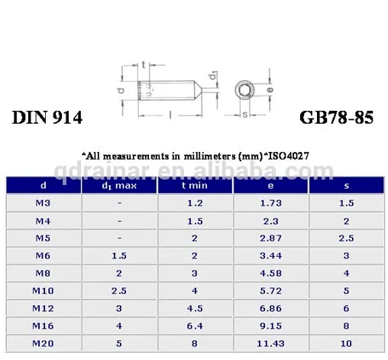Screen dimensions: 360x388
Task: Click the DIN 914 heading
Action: click(x=47, y=118)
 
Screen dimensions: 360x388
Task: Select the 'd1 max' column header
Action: click(x=120, y=186)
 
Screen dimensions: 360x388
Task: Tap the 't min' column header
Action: click(x=195, y=186)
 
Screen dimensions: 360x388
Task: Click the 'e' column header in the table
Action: click(x=270, y=186)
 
